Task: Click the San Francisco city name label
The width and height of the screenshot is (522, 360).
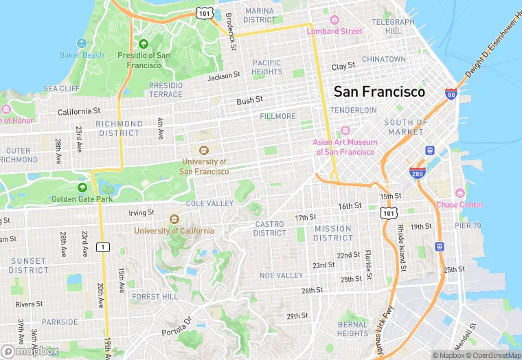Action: point(379,91)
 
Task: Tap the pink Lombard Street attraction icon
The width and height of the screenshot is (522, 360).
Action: point(334,21)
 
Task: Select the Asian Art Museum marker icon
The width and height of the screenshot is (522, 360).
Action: point(345,131)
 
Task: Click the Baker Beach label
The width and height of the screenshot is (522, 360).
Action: point(82,55)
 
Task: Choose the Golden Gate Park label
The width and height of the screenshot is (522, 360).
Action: point(81,199)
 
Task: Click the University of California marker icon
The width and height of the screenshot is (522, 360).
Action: point(174,219)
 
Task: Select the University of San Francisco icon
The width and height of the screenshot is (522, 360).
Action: point(203,150)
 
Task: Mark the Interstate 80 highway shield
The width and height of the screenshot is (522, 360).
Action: point(451,93)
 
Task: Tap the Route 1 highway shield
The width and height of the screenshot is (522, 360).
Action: point(103,247)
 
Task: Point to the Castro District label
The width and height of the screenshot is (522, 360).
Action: point(270,228)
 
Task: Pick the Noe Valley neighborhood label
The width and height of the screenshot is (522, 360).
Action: point(281,275)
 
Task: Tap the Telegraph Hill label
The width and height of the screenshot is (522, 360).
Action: point(394,26)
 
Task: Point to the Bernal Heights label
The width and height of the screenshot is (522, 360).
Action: point(352,328)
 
